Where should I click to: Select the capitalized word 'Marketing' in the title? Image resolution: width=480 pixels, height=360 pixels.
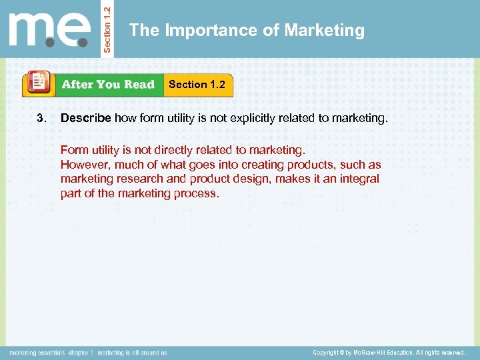coord(325,31)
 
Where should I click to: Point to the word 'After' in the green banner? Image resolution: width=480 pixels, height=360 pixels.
coord(77,85)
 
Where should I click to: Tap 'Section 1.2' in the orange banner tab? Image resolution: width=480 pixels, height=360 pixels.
coord(197,85)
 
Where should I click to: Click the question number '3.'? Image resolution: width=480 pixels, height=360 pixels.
coord(41,119)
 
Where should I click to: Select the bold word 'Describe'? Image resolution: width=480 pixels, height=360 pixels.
coord(86,119)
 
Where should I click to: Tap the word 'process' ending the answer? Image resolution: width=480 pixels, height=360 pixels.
coord(197,193)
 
